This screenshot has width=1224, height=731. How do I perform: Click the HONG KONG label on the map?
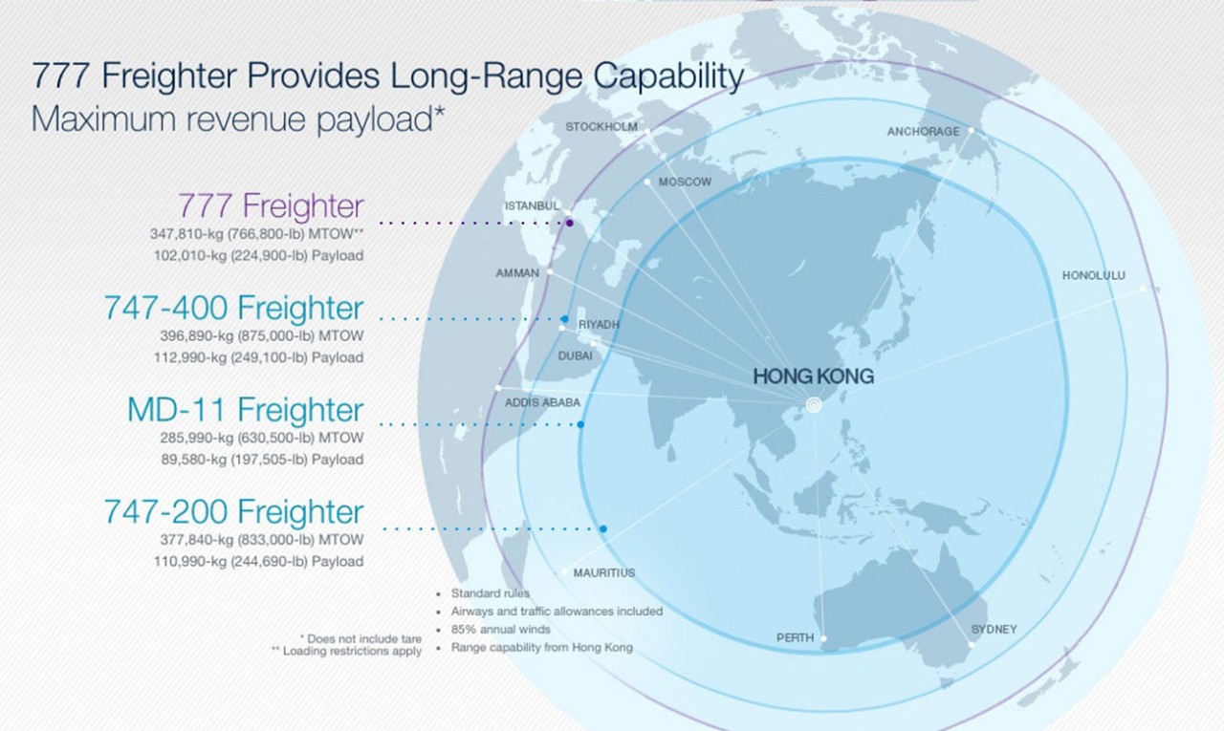click(813, 376)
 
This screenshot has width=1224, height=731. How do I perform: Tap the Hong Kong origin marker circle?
click(814, 405)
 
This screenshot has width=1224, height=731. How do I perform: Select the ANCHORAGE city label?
click(923, 132)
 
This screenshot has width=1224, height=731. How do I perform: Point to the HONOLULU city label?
click(1093, 276)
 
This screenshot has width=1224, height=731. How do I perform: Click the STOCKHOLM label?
click(601, 127)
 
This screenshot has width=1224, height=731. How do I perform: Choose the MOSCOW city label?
click(685, 182)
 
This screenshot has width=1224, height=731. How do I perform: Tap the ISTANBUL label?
click(532, 205)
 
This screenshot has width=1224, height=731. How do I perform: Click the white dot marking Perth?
click(823, 638)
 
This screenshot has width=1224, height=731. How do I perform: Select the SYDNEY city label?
click(994, 630)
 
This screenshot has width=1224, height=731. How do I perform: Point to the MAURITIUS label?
click(603, 572)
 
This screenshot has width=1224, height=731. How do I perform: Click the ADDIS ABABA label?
click(542, 403)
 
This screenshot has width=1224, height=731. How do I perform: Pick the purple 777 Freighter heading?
click(271, 205)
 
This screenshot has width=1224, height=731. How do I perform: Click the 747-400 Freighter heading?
click(234, 308)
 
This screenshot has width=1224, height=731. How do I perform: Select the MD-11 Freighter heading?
click(246, 409)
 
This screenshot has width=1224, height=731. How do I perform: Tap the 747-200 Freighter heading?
click(234, 511)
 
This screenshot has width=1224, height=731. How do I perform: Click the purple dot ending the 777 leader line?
click(569, 223)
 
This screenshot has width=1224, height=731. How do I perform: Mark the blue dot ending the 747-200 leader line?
click(602, 529)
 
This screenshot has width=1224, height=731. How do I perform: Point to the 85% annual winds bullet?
click(500, 630)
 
